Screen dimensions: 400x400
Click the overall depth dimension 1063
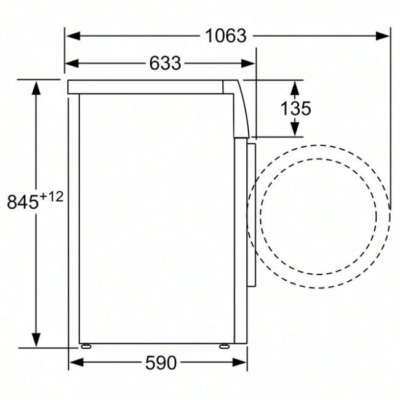click(x=226, y=36)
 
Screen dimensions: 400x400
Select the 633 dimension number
click(x=164, y=63)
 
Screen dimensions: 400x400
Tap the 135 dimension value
click(x=295, y=108)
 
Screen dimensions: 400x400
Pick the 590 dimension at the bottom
click(x=161, y=363)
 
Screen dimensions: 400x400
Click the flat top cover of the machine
click(x=148, y=87)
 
